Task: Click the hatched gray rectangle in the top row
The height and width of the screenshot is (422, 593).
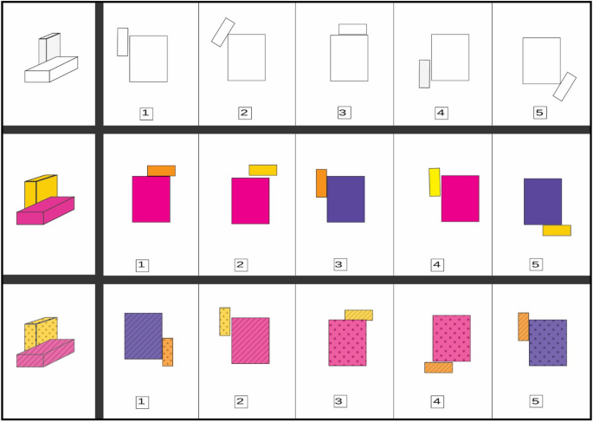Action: click(424, 74)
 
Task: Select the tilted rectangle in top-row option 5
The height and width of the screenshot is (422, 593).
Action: click(564, 87)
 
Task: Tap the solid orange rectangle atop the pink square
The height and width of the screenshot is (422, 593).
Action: click(162, 171)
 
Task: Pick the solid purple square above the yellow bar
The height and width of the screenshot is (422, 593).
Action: click(543, 202)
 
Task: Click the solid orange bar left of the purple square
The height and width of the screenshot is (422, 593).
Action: click(321, 183)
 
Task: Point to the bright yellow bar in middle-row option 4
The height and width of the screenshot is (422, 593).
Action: click(435, 183)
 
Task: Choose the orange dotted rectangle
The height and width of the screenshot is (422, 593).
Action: click(168, 352)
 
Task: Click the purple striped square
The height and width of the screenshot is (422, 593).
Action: click(144, 336)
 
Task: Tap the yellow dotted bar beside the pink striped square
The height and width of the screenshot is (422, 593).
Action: click(224, 321)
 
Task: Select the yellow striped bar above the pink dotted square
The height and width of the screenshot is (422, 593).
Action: click(358, 315)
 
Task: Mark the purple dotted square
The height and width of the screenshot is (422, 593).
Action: click(548, 343)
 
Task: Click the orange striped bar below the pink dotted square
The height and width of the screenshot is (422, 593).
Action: click(438, 367)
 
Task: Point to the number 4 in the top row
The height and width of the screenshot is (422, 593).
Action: click(442, 114)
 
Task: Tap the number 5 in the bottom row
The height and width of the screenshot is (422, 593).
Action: click(536, 401)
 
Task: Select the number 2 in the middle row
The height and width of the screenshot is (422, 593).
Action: click(241, 265)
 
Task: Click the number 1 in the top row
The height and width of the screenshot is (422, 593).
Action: click(146, 114)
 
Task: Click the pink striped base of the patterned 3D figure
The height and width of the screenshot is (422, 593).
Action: click(45, 354)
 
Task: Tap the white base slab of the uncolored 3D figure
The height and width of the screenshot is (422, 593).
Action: click(51, 69)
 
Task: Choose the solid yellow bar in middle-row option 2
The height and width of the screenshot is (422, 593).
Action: click(263, 171)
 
